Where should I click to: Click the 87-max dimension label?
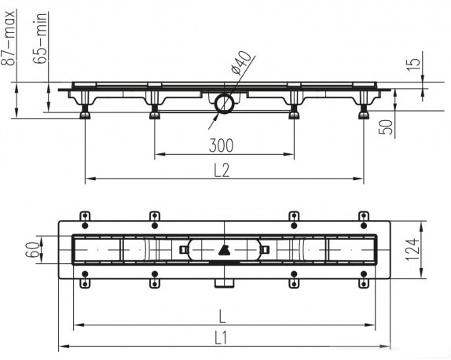pyautogui.click(x=9, y=38)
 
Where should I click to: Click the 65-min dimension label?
pyautogui.click(x=41, y=38)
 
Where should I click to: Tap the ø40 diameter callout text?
pyautogui.click(x=240, y=62)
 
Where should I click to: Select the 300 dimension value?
pyautogui.click(x=221, y=145)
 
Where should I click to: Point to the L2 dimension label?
pyautogui.click(x=222, y=170)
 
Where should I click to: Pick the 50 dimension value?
pyautogui.click(x=386, y=127)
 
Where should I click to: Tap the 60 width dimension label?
pyautogui.click(x=33, y=250)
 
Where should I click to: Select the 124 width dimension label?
pyautogui.click(x=412, y=249)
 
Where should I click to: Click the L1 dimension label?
pyautogui.click(x=221, y=338)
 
